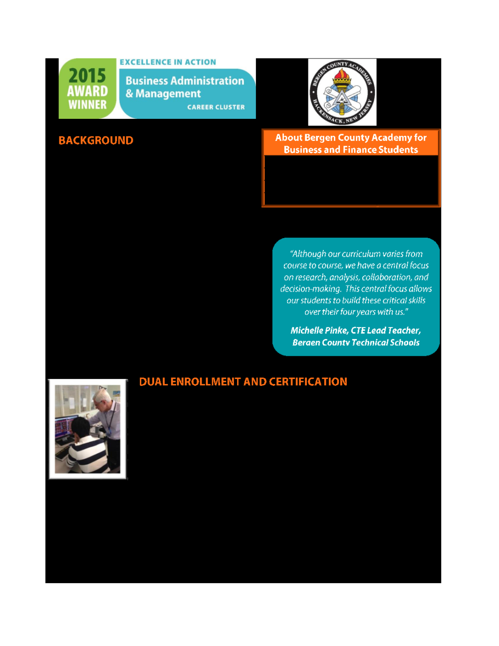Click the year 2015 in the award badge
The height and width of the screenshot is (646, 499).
pos(87,75)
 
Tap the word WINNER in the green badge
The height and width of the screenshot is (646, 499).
pos(87,105)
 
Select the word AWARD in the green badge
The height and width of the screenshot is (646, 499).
pos(87,91)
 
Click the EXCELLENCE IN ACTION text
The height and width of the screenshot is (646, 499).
pos(168,62)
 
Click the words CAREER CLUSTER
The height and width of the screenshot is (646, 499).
pos(216,107)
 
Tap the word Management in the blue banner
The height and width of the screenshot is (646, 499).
pos(168,94)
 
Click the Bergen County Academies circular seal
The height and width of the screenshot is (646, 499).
pos(342,92)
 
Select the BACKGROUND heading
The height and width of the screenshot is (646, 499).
pos(96,140)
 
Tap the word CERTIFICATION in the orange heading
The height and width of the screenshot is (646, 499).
pos(308,382)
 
